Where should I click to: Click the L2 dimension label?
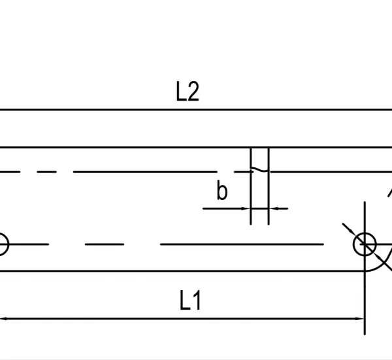[x=188, y=91]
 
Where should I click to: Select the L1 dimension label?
[x=190, y=300]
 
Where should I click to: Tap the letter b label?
[x=222, y=190]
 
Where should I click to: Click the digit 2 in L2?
[x=193, y=91]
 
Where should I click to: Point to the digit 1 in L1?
[x=197, y=300]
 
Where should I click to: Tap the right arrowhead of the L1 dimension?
[x=360, y=319]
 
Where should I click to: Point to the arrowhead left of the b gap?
[x=246, y=208]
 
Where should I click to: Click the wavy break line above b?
[x=260, y=170]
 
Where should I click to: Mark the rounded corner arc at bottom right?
[x=382, y=265]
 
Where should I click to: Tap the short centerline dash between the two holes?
[x=105, y=244]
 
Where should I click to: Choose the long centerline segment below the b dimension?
[x=242, y=244]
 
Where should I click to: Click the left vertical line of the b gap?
[x=251, y=186]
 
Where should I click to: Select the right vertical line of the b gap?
[x=269, y=186]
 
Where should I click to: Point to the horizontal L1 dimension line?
[x=182, y=319]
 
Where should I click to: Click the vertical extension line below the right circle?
[x=365, y=295]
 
